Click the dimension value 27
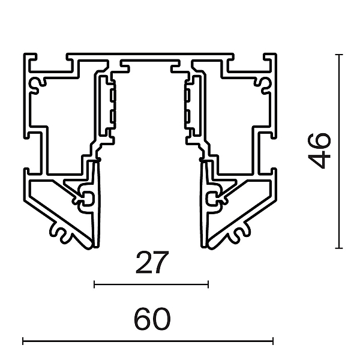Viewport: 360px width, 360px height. click(x=152, y=262)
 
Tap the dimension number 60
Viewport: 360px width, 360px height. click(x=152, y=319)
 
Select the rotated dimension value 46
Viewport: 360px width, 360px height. click(x=319, y=151)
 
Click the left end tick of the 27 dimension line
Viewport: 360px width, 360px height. click(x=94, y=284)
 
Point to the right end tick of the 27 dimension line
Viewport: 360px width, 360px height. click(x=208, y=284)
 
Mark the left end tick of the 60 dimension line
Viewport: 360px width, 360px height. click(x=23, y=341)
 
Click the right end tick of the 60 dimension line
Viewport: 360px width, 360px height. click(x=273, y=341)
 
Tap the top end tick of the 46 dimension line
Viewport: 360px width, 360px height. click(x=339, y=55)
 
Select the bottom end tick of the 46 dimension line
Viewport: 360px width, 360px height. click(x=339, y=248)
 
